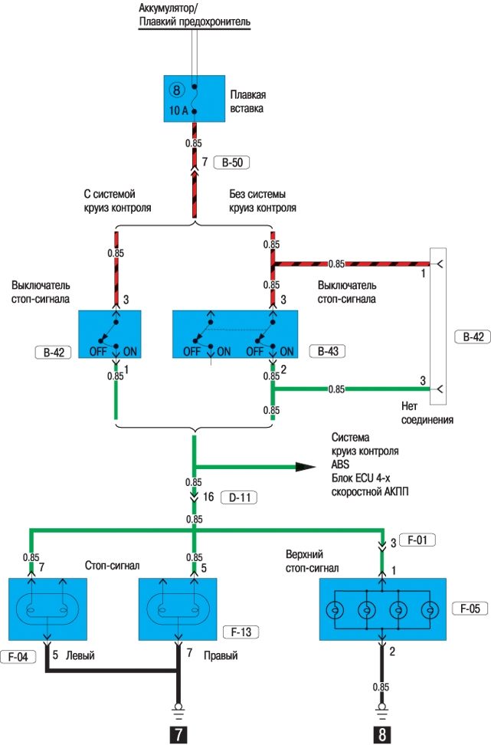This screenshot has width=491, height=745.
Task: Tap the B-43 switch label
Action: point(327,352)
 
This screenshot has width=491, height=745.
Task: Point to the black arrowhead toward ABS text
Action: point(304,466)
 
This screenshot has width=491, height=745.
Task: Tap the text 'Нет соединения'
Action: point(427,413)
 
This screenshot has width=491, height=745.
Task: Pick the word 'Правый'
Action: point(221,635)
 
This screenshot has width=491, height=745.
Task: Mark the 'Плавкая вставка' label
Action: point(247,102)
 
